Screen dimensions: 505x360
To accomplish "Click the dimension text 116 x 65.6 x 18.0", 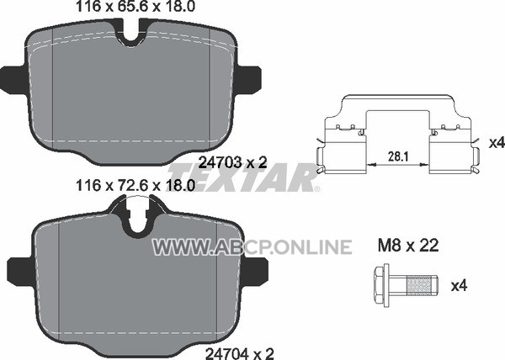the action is (136, 7).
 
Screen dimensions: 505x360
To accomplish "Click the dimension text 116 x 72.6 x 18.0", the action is (136, 185).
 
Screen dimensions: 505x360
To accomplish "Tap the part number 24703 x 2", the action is (233, 162).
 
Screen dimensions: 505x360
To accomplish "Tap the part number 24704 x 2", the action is (240, 353).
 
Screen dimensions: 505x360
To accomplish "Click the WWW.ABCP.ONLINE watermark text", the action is (252, 247).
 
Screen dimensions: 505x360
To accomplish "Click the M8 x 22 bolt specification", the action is (408, 246).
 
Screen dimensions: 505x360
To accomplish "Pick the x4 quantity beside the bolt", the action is (459, 285).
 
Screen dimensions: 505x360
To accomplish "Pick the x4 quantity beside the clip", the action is (497, 143).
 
